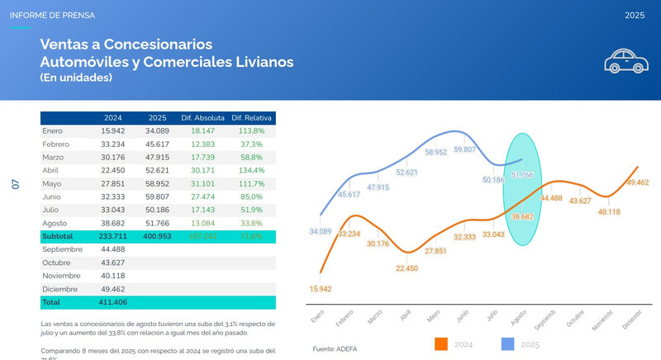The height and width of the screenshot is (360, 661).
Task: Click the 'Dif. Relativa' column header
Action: tap(253, 118)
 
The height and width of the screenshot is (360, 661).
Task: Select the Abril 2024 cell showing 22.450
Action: tap(112, 170)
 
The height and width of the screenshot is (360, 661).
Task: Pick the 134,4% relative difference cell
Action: tap(251, 170)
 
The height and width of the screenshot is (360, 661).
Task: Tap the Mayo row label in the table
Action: tap(51, 183)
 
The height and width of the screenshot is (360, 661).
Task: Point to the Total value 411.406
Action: tap(112, 302)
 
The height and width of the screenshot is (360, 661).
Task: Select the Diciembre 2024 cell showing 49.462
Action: tap(112, 289)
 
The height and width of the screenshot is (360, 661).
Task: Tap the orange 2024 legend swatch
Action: tap(440, 343)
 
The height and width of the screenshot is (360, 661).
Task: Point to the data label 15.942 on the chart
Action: tap(321, 288)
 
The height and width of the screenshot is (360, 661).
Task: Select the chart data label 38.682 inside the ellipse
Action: tap(522, 216)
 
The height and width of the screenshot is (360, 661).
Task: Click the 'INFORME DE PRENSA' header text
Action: tap(51, 15)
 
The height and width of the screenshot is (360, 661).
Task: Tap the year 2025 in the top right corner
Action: tap(635, 15)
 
